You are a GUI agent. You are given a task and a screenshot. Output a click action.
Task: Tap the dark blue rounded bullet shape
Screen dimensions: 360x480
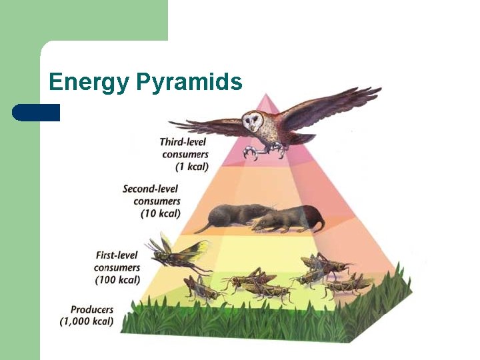(36, 112)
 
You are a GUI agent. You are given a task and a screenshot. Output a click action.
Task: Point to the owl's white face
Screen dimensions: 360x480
(253, 121)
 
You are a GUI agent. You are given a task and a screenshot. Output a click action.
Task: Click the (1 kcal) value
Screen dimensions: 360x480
(190, 166)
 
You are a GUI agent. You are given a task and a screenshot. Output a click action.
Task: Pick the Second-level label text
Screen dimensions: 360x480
(151, 189)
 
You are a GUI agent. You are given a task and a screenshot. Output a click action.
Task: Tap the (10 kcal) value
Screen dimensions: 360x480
(160, 213)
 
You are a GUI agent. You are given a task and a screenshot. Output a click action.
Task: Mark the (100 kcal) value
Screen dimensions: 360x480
(117, 279)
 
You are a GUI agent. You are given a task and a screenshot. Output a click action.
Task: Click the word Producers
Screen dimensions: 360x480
(92, 309)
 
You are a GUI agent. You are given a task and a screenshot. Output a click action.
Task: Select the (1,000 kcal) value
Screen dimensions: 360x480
(87, 321)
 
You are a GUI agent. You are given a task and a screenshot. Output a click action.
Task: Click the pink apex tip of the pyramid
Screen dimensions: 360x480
(269, 100)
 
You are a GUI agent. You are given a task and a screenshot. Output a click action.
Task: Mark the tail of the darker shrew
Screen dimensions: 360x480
(201, 229)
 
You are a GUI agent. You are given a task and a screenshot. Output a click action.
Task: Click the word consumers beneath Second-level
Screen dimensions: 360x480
(157, 201)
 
